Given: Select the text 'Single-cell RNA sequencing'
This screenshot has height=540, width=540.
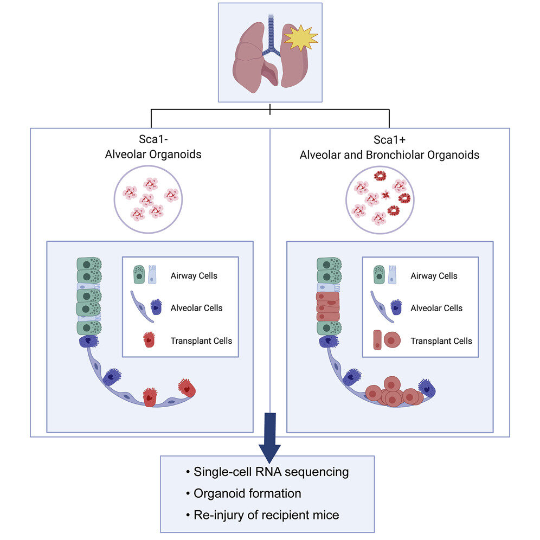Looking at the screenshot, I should tap(271, 472).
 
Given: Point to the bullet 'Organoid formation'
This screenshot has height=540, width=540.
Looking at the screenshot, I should tap(247, 493).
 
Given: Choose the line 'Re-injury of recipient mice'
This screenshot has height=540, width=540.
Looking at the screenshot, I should tap(266, 515).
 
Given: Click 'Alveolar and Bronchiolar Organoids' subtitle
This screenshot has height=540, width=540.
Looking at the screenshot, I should tap(389, 155).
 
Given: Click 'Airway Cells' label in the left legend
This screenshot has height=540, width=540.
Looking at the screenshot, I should tap(194, 275).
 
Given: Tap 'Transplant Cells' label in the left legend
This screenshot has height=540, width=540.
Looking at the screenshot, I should tap(201, 340).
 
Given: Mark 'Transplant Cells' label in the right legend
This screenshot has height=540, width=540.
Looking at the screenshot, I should tap(441, 341).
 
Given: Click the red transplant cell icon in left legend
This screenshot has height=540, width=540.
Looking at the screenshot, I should tap(149, 340).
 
